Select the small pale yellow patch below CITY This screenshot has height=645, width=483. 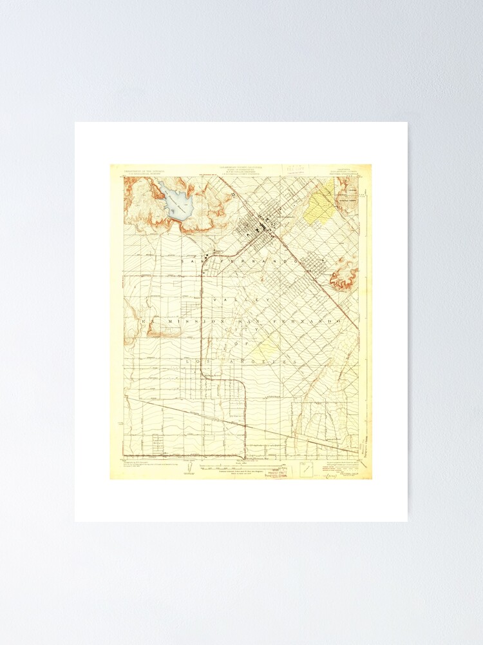pos(267,348)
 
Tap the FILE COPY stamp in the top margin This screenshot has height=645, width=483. pos(296,169)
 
